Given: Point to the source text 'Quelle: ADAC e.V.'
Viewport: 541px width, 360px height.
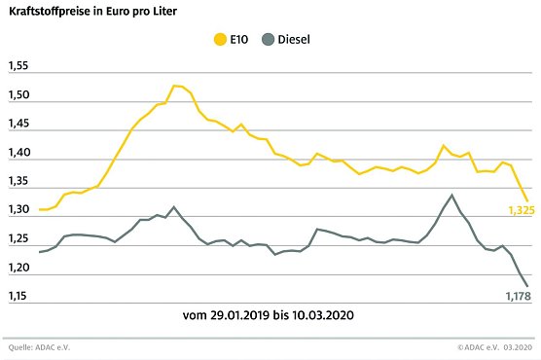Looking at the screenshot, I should (38, 347).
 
